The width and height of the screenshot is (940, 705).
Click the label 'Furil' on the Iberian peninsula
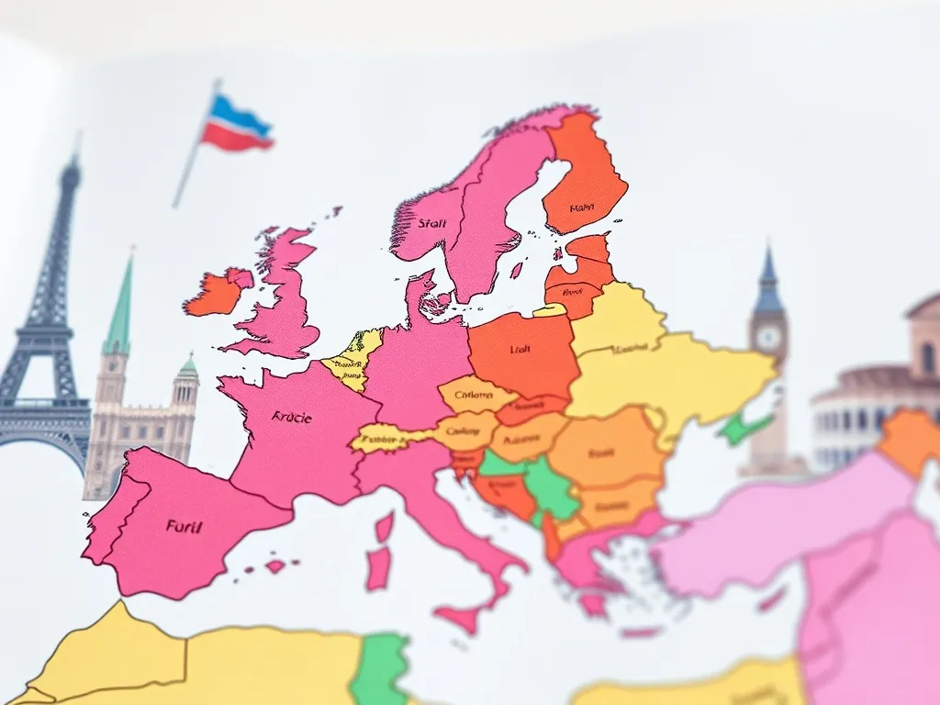pos(185,526)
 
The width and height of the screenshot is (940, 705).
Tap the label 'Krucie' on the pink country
pos(292,418)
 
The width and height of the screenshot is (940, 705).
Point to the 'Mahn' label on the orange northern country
pos(581,208)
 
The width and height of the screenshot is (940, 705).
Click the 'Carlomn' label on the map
pos(474,397)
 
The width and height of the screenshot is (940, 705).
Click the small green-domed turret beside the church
pos(186,370)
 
